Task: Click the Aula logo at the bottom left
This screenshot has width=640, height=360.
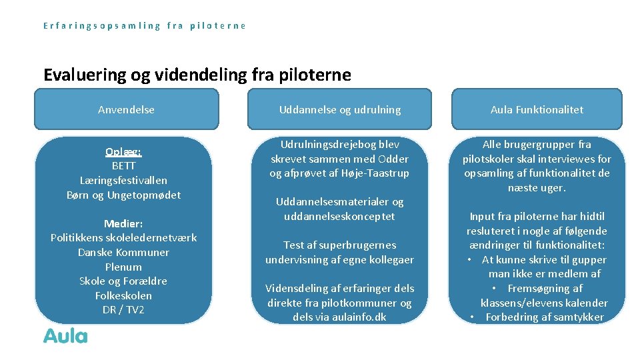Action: (x=65, y=335)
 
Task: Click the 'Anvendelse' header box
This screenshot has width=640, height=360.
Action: (x=126, y=109)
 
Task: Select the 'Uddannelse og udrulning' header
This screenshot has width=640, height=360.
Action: (x=340, y=109)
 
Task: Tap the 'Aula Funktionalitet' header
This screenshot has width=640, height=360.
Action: (x=537, y=109)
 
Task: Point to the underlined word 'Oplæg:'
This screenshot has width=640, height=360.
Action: (x=123, y=151)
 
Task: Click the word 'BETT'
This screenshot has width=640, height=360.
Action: (x=123, y=165)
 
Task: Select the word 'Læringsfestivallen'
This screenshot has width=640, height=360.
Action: (x=123, y=180)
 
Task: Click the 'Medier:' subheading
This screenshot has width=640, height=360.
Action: (x=123, y=223)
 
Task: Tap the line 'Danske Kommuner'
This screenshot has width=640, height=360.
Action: (x=123, y=252)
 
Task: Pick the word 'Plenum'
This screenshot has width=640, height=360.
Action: (x=123, y=267)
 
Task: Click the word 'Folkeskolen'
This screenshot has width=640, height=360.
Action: (x=123, y=295)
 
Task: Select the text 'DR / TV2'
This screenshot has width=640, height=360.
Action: (x=123, y=310)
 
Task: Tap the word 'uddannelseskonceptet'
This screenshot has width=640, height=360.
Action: (x=339, y=216)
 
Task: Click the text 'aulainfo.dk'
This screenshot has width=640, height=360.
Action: (x=359, y=317)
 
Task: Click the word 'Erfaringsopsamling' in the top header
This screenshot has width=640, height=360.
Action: (x=102, y=26)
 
